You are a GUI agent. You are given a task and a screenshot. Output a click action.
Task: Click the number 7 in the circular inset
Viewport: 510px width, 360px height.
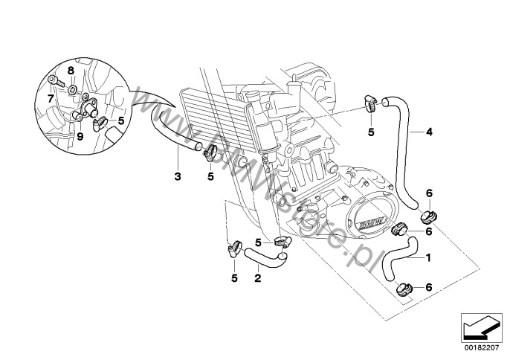click(x=51, y=97)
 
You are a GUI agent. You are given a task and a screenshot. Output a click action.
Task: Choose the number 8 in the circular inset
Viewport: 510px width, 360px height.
click(x=71, y=70)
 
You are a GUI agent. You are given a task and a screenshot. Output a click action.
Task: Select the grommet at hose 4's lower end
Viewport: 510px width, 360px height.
click(x=428, y=217)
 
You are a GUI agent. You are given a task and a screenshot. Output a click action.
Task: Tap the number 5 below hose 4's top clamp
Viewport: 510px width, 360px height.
click(x=371, y=132)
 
